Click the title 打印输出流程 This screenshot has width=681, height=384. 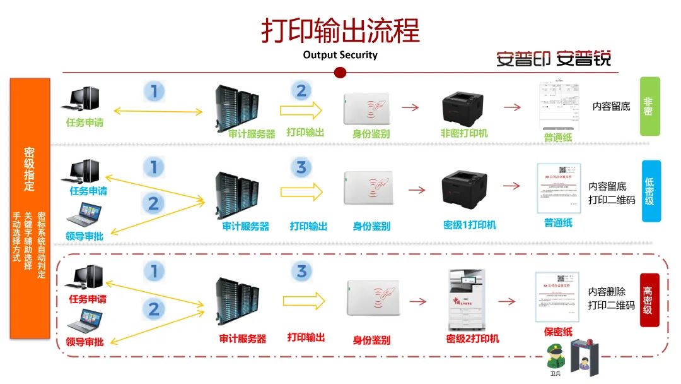coord(340,30)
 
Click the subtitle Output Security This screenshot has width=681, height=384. coord(340,55)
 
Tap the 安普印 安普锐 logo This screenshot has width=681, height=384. coord(553,59)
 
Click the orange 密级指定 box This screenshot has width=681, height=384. coord(29,208)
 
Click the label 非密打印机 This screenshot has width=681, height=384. coord(463,133)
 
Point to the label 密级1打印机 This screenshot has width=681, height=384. coord(469,225)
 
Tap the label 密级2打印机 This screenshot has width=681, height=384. coord(472,339)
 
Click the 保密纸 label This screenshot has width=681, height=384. coord(557,332)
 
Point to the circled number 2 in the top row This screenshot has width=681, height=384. coord(301,91)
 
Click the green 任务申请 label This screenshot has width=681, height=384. coord(84,123)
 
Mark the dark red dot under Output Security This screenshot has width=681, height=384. coord(340,72)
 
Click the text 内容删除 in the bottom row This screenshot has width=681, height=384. coord(607,292)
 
